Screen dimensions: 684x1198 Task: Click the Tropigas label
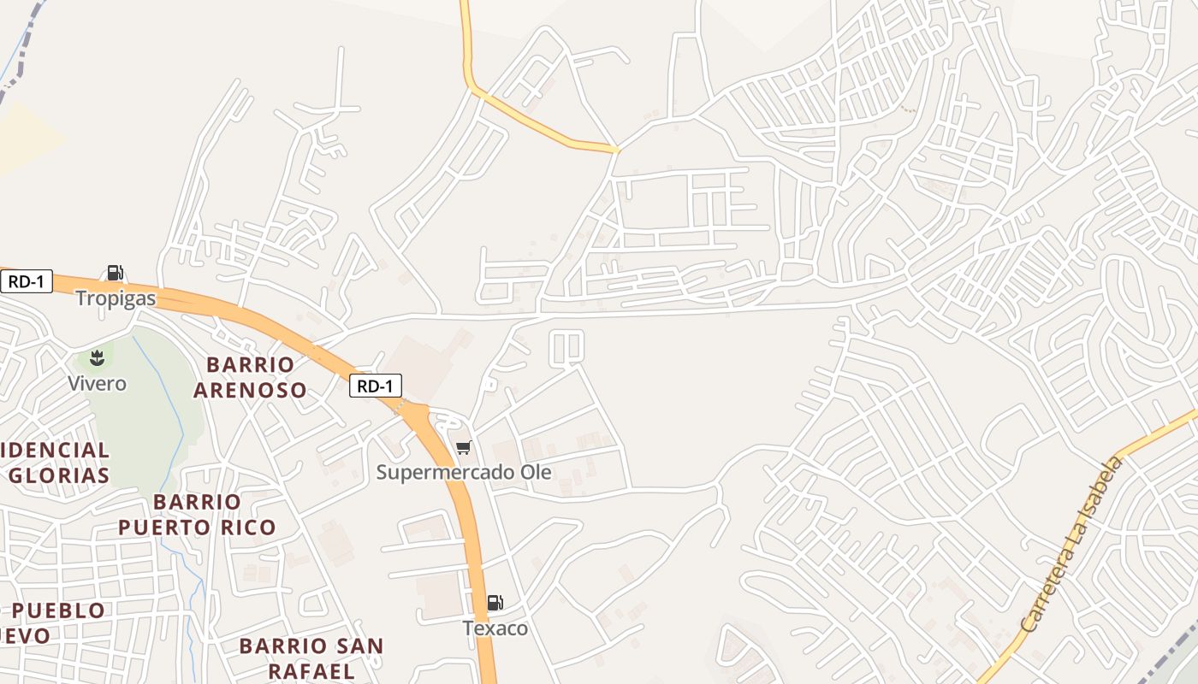tap(116, 298)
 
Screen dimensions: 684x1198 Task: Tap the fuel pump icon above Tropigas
tap(115, 273)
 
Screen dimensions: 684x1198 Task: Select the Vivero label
tap(98, 383)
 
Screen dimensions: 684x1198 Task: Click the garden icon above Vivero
tap(97, 357)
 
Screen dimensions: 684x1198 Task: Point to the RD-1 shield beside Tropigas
tap(27, 281)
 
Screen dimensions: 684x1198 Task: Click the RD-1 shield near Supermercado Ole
tap(375, 386)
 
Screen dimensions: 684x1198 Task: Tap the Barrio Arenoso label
tap(250, 377)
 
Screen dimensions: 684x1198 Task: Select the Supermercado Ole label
tap(464, 472)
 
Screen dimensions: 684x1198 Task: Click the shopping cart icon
tap(464, 447)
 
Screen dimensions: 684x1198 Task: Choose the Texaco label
tap(495, 628)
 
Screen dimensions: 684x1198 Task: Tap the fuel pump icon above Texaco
tap(495, 603)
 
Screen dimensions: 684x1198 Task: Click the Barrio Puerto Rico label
tap(197, 514)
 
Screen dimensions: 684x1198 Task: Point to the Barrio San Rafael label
tap(311, 657)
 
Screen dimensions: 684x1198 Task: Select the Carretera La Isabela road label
tap(1071, 545)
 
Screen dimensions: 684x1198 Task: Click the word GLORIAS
tap(59, 475)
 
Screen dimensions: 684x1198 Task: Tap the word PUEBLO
tap(59, 610)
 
